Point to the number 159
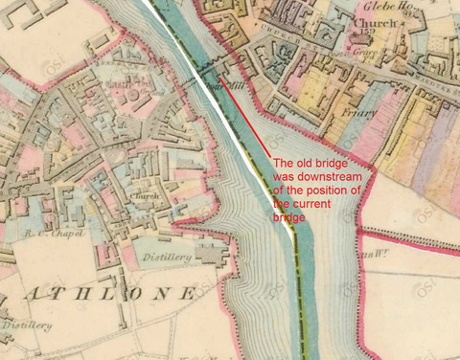coord(367,35)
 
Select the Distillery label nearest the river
coord(168,258)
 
